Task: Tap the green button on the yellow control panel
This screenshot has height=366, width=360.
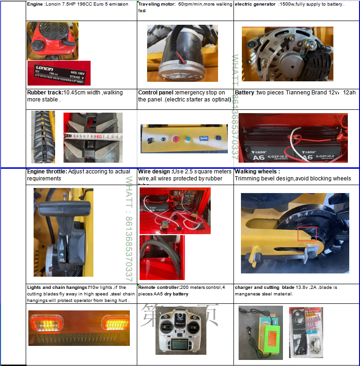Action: [x=188, y=139]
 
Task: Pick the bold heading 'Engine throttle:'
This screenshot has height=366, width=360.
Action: [x=47, y=172]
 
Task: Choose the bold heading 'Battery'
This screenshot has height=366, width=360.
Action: [x=245, y=93]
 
